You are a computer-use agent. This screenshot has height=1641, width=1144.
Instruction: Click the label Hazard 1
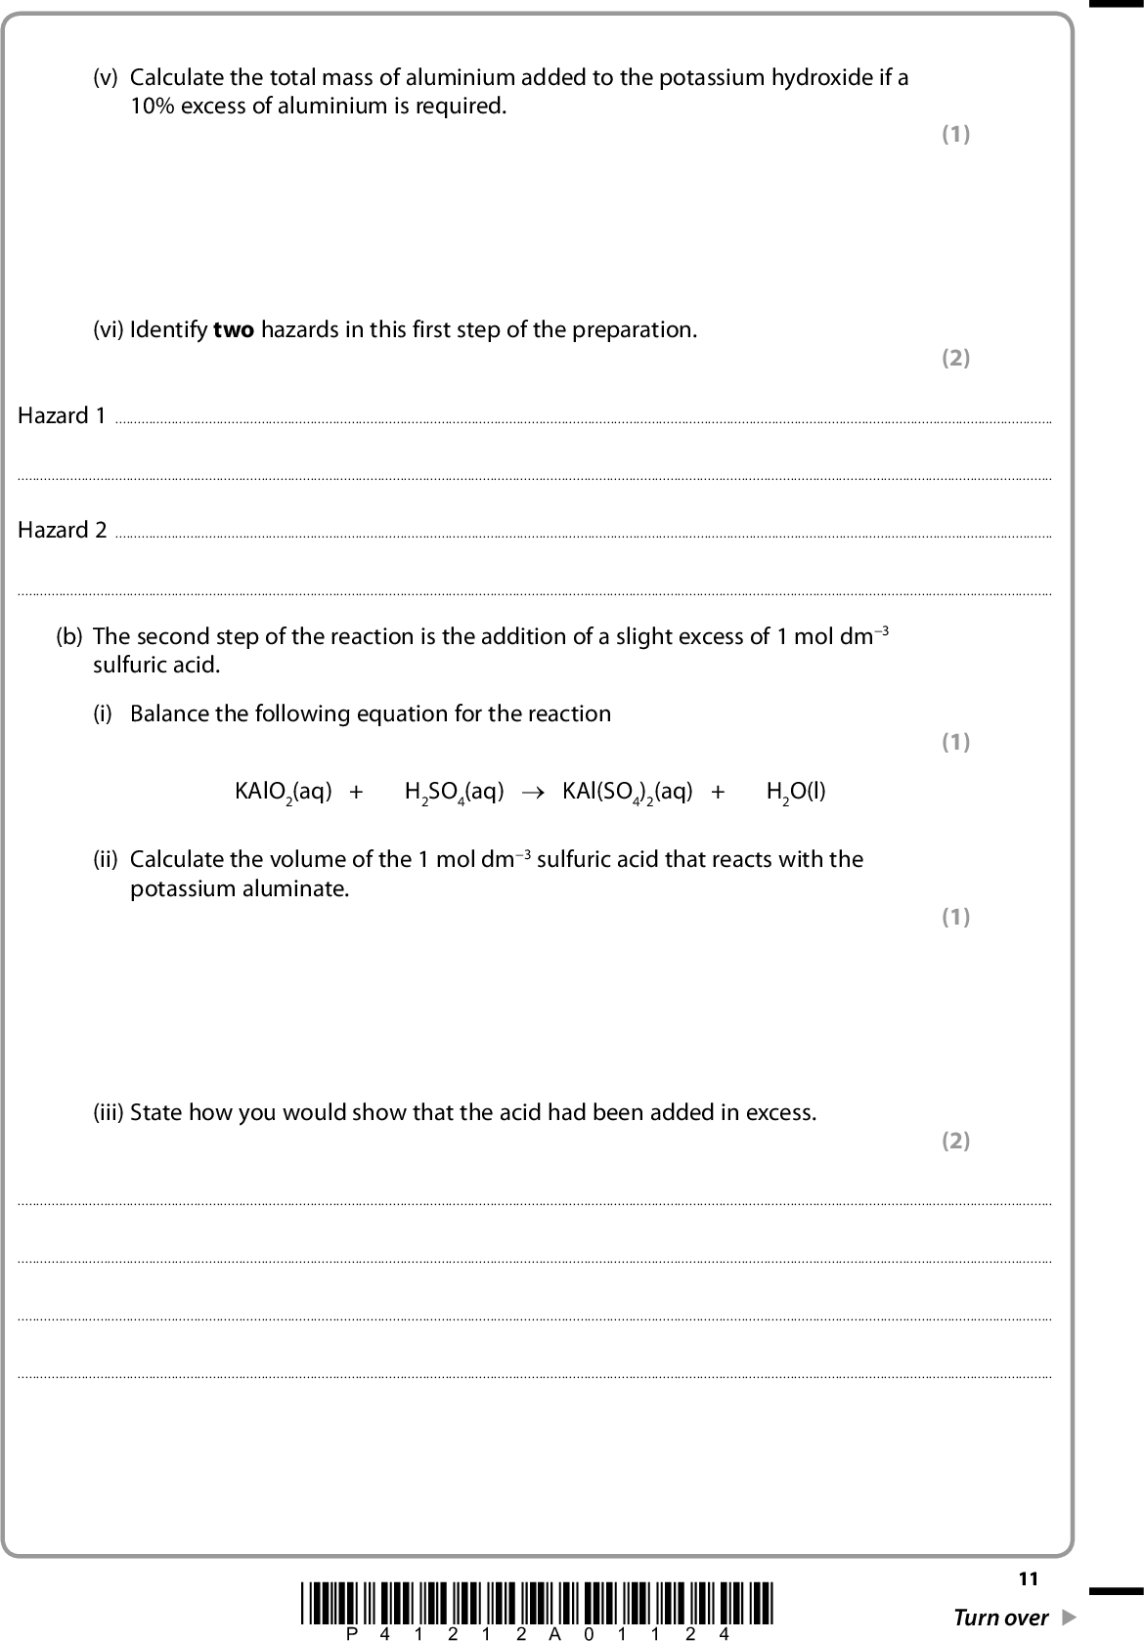point(62,416)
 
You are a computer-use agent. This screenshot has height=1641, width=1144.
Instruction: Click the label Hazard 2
point(62,531)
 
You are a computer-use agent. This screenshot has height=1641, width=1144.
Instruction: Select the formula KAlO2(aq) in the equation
point(283,792)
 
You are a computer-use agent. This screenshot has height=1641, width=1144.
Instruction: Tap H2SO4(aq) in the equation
point(454,792)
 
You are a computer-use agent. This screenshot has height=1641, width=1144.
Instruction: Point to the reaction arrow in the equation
point(532,792)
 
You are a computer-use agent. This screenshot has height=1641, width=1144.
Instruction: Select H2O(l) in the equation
point(796,792)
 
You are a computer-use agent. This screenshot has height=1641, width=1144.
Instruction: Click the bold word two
point(234,330)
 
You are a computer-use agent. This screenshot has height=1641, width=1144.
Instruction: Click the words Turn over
point(1000,1618)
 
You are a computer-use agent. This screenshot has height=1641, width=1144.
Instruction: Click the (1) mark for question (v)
point(955,135)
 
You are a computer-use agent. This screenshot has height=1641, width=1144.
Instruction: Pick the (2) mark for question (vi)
point(955,359)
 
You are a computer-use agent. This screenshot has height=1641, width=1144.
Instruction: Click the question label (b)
point(69,637)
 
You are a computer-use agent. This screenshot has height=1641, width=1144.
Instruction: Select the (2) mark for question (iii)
point(955,1141)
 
